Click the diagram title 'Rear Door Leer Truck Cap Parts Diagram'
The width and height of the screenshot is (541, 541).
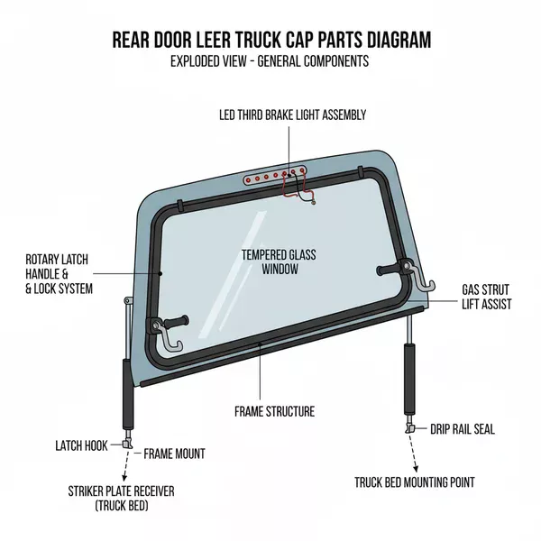click(270, 41)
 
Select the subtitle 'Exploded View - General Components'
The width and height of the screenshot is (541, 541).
click(270, 61)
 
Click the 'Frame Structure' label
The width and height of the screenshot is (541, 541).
click(274, 411)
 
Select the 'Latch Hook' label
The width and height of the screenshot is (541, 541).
click(83, 445)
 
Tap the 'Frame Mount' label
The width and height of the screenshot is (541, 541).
click(174, 454)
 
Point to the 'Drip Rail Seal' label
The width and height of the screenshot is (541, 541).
click(462, 429)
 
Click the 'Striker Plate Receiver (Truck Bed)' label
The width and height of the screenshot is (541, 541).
click(121, 498)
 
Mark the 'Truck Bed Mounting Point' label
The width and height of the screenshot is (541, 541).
click(415, 482)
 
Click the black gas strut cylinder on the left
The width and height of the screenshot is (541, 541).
click(127, 397)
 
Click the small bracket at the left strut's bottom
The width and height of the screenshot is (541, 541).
click(130, 445)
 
